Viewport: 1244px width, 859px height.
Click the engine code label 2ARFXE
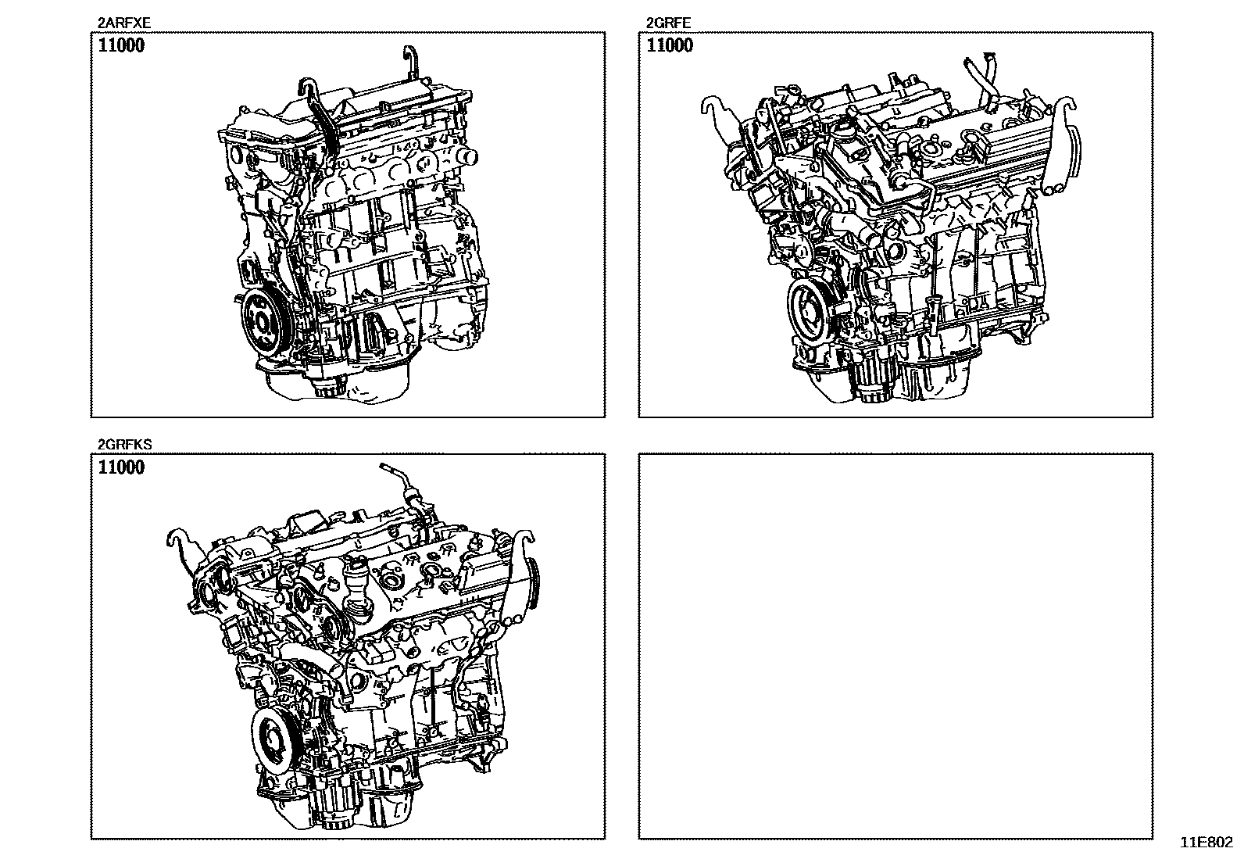(123, 23)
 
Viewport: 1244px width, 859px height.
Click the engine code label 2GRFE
(668, 23)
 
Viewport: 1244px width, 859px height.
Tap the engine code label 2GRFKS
(124, 444)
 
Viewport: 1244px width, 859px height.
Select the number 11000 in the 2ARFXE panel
(121, 45)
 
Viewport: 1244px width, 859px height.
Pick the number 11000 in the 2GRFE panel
(670, 45)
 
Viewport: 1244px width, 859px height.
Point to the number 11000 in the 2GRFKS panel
(121, 467)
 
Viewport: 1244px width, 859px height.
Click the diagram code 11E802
(1206, 843)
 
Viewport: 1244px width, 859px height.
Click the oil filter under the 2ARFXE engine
(330, 385)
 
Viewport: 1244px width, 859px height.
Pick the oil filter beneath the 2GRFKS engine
(338, 811)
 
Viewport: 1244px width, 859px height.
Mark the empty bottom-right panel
(895, 646)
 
